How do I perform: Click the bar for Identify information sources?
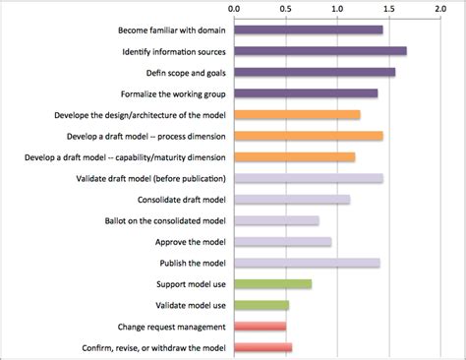320,51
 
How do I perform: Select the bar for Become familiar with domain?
309,30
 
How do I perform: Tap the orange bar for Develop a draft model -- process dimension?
309,136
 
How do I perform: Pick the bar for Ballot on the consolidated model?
276,220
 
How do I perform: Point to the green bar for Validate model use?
262,305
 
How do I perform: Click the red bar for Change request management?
261,327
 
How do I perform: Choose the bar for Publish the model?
307,263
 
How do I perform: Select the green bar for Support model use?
273,284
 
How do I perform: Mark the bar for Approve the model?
283,242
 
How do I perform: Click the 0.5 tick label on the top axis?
286,9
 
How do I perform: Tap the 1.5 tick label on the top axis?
389,9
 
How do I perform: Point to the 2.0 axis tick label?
440,9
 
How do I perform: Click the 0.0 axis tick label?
234,9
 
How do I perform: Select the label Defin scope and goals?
186,73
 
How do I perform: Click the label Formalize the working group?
173,94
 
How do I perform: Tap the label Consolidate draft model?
182,200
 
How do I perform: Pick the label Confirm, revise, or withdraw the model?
153,348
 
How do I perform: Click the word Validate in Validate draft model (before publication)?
88,179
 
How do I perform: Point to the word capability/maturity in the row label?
148,157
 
